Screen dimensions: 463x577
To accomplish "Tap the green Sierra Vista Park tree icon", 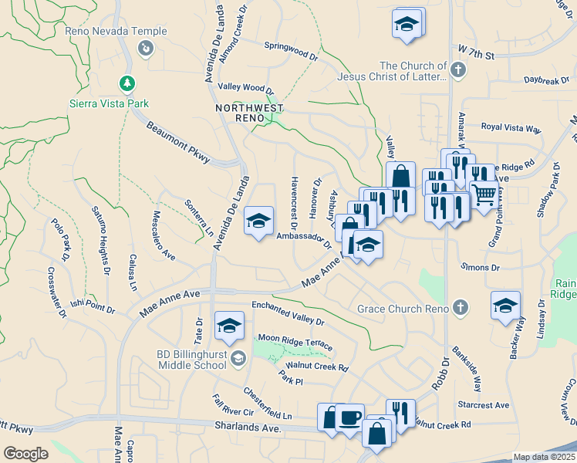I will [126, 83].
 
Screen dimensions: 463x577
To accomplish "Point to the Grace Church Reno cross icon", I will [460, 308].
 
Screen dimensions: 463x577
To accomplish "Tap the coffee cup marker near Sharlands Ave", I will [349, 417].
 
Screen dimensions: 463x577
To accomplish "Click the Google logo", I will [25, 454].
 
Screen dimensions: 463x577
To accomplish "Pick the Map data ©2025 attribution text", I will [543, 457].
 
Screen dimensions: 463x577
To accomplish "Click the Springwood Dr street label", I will [291, 51].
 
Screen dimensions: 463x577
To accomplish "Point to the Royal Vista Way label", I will [511, 127].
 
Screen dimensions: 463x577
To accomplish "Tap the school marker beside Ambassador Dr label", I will [258, 222].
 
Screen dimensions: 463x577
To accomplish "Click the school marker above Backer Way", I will [505, 306].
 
